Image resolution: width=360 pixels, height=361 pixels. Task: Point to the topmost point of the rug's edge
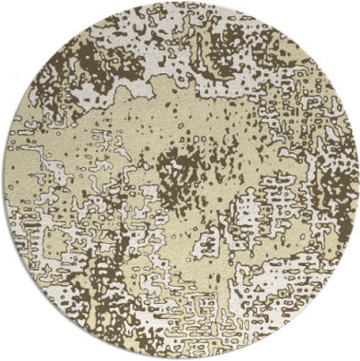coord(180,3)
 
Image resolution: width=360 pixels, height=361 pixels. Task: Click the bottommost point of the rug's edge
coord(180,358)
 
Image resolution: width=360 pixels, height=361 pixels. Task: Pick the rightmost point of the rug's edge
coord(357,180)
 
